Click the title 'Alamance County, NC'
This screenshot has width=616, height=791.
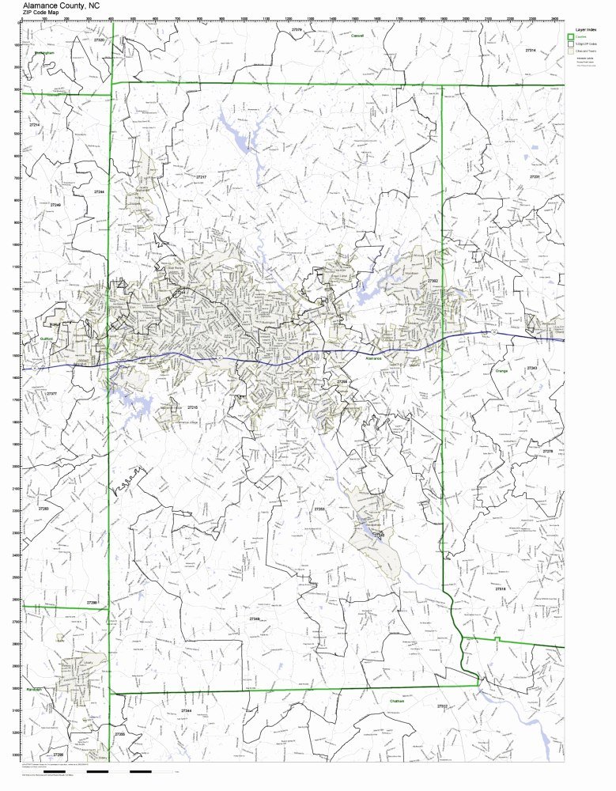(61, 5)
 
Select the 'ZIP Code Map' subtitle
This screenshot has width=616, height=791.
(40, 13)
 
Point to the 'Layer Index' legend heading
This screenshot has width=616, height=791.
(585, 28)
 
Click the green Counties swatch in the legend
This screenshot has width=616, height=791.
(570, 37)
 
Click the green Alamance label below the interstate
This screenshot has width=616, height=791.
(372, 358)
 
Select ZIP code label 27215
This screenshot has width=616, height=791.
(191, 407)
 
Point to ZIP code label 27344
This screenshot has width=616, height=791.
(187, 711)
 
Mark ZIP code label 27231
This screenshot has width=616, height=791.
(535, 176)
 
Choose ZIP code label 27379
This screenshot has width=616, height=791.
(297, 29)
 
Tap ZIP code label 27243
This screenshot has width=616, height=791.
(531, 369)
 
